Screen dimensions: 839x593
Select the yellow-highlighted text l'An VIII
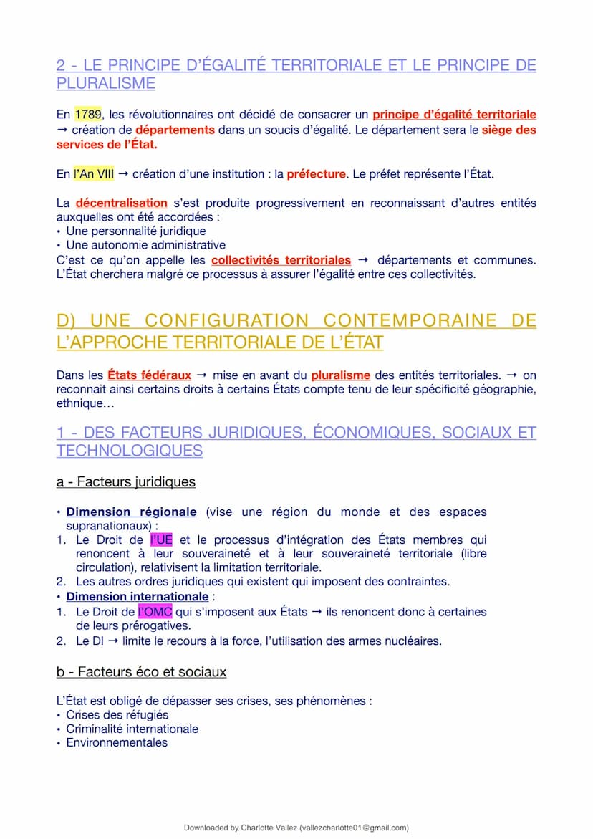[94, 174]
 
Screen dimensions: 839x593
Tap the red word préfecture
[316, 174]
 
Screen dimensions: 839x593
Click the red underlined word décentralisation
[121, 203]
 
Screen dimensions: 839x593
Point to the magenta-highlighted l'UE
[161, 540]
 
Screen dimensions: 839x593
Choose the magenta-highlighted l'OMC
[155, 613]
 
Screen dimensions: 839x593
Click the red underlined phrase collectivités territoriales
[281, 260]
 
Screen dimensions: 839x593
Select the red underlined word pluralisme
[340, 375]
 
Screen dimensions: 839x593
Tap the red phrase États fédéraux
[149, 375]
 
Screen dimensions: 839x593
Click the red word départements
[175, 130]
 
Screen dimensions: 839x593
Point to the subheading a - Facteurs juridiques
[126, 482]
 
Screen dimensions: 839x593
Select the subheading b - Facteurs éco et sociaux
[141, 672]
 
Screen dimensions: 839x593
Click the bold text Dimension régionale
[131, 512]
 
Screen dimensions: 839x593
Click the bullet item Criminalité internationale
[132, 729]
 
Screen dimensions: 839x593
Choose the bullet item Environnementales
[117, 743]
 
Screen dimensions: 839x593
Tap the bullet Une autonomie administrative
[145, 245]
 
